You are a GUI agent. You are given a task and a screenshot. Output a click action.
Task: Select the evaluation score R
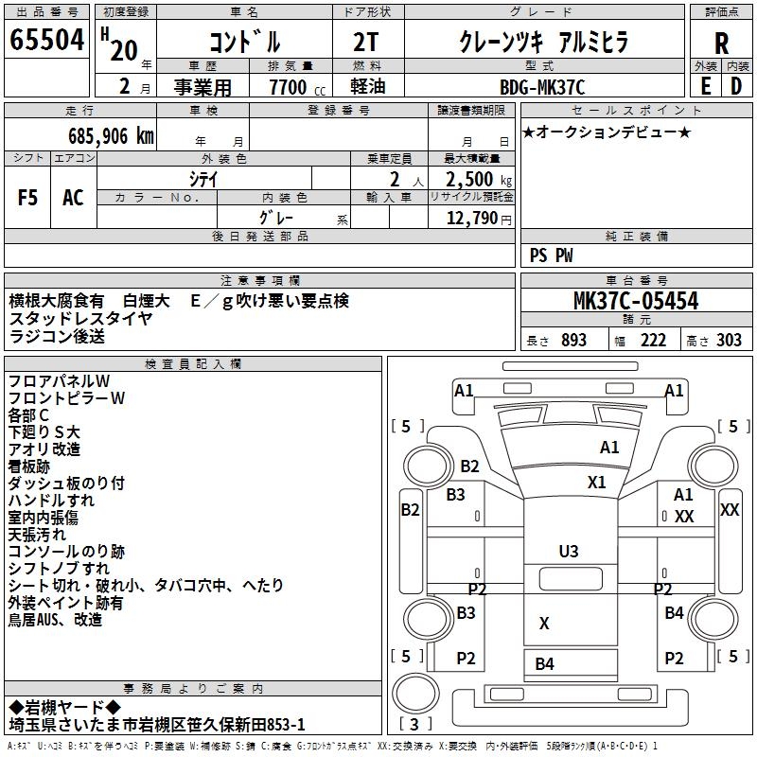722,44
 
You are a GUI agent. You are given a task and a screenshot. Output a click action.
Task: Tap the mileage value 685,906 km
112,135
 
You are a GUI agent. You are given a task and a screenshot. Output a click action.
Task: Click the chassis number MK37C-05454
636,302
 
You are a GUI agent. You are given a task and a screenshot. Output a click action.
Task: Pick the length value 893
573,341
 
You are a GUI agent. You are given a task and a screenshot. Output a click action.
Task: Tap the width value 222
653,341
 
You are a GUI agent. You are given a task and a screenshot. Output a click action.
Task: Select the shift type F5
28,198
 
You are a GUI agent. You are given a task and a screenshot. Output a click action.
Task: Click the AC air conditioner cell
73,198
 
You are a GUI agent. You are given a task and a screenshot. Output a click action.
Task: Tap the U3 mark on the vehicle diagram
569,551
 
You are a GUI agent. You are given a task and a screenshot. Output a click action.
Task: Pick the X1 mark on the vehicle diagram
596,482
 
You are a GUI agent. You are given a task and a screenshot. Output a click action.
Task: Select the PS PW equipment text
552,255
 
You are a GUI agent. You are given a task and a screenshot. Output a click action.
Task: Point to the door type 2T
365,42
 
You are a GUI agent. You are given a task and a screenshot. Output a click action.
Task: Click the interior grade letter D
736,86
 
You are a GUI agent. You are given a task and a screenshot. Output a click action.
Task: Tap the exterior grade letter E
706,86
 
